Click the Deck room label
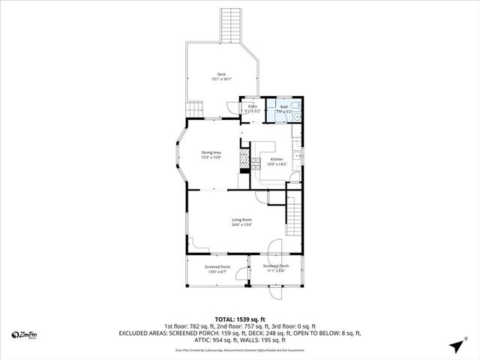(x=221, y=73)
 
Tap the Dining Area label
(x=211, y=153)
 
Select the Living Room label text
(x=241, y=219)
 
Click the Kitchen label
(x=277, y=160)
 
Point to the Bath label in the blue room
(x=284, y=106)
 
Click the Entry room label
(x=253, y=106)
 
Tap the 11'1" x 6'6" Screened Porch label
(x=276, y=266)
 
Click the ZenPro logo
(x=26, y=334)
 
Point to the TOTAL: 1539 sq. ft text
(x=240, y=318)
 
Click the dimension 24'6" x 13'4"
(x=241, y=224)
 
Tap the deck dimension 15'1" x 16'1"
(x=221, y=79)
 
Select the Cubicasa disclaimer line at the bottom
(x=240, y=350)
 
